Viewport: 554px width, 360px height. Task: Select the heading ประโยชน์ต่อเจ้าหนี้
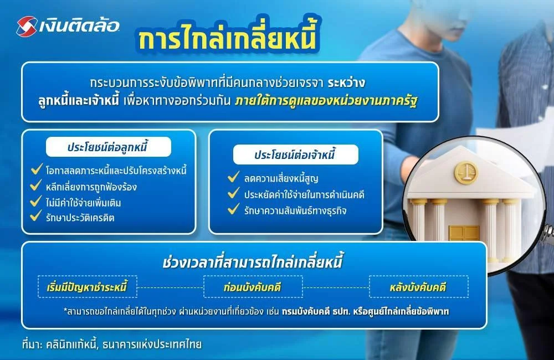[x=295, y=155]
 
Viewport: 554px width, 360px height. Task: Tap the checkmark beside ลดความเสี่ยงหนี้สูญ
[x=233, y=178]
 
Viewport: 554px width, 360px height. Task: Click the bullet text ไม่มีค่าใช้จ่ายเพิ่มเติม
[x=83, y=203]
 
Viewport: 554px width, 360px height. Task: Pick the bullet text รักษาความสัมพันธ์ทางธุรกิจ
[x=295, y=210]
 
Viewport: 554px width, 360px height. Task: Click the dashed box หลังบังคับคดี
[x=418, y=287]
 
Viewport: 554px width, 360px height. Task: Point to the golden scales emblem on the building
[x=466, y=173]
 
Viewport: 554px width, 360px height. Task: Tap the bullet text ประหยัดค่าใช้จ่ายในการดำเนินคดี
[x=304, y=194]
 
